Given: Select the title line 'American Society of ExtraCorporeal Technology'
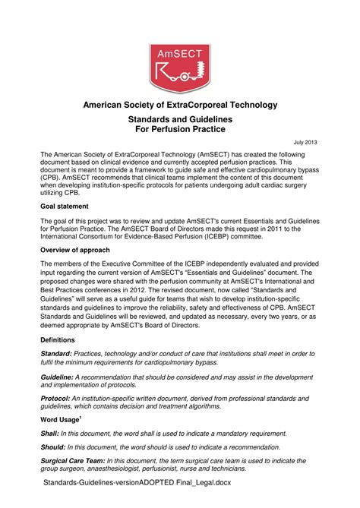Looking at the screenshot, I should [x=179, y=104].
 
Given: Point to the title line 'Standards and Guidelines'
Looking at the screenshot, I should [x=179, y=120].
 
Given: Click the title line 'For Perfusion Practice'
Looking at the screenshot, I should [x=179, y=131].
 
